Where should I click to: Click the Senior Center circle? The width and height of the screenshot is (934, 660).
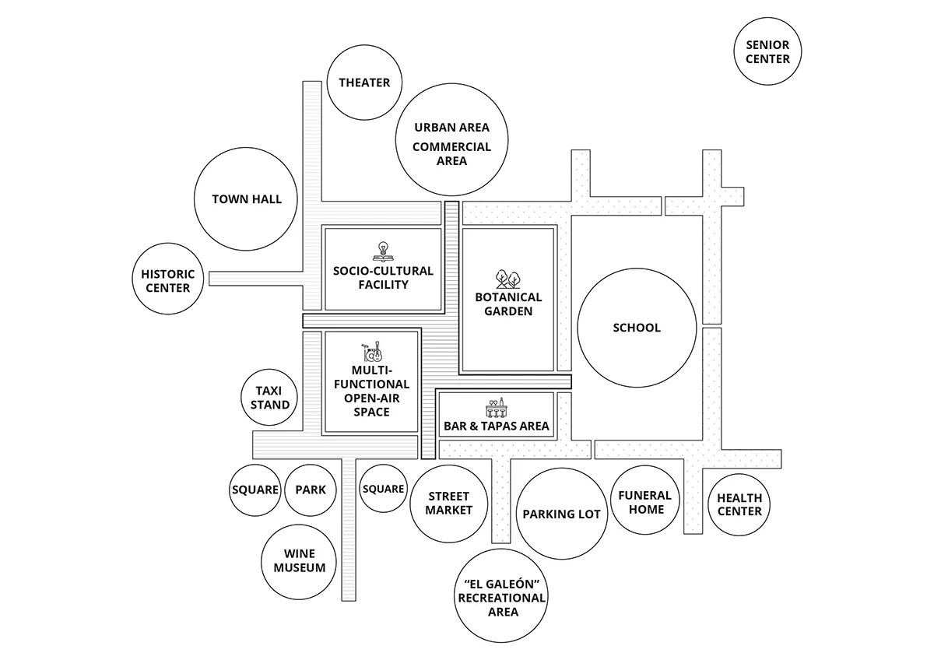pyautogui.click(x=767, y=51)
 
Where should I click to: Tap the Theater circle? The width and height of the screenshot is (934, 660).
pyautogui.click(x=364, y=82)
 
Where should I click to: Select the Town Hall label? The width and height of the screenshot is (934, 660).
pyautogui.click(x=247, y=199)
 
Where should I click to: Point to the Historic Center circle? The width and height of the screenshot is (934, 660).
pyautogui.click(x=168, y=279)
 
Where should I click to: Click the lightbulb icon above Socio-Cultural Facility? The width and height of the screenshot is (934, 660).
pyautogui.click(x=382, y=251)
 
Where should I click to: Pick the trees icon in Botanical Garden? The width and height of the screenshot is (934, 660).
pyautogui.click(x=508, y=279)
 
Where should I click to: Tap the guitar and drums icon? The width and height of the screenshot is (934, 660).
pyautogui.click(x=372, y=352)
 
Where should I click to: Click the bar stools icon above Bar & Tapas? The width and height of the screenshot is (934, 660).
pyautogui.click(x=497, y=407)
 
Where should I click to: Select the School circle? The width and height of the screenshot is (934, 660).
pyautogui.click(x=637, y=328)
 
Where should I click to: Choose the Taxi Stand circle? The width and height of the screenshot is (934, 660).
pyautogui.click(x=269, y=398)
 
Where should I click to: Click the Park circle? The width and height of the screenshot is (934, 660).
pyautogui.click(x=311, y=490)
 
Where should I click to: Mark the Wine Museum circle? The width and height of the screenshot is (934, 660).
pyautogui.click(x=299, y=562)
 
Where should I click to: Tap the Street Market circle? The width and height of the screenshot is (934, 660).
pyautogui.click(x=448, y=504)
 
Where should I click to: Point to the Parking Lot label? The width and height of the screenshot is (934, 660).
pyautogui.click(x=562, y=514)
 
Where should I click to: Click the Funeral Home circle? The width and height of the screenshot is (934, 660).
pyautogui.click(x=644, y=500)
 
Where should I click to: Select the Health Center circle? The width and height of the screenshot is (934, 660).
pyautogui.click(x=739, y=504)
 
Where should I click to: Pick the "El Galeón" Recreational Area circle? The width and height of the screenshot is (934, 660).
pyautogui.click(x=501, y=596)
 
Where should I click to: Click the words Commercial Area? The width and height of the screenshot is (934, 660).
pyautogui.click(x=452, y=154)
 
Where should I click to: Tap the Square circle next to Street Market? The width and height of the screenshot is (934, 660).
pyautogui.click(x=383, y=488)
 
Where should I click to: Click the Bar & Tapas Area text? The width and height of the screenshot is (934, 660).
pyautogui.click(x=497, y=426)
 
